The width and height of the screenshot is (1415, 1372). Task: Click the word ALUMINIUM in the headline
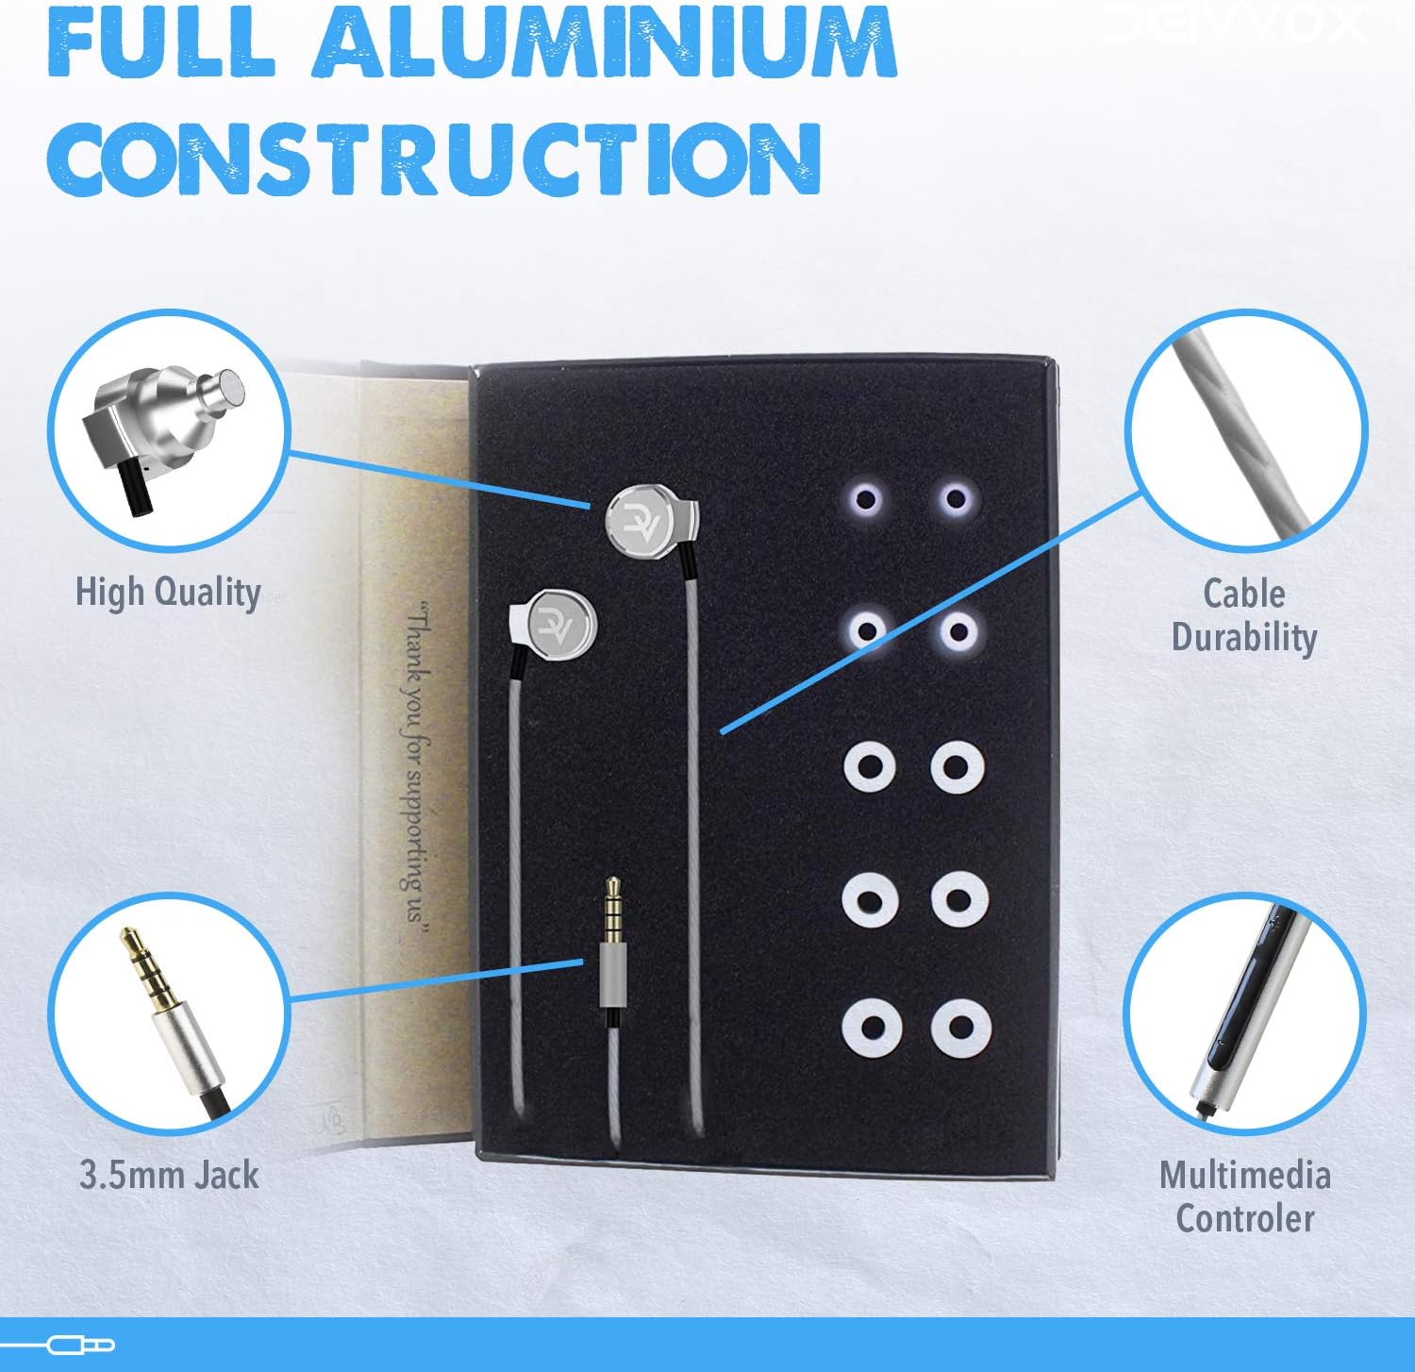[x=604, y=42]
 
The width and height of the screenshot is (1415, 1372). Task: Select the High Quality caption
[x=168, y=593]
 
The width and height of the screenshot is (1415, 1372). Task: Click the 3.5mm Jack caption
[x=168, y=1175]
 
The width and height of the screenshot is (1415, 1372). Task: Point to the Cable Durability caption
[x=1244, y=615]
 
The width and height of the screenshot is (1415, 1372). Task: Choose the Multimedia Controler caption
[x=1244, y=1196]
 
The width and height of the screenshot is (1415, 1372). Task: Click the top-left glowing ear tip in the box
[x=866, y=498]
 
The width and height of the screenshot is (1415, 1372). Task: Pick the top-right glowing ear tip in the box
[x=956, y=498]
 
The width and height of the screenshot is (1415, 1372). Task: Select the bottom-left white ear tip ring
[x=870, y=1028]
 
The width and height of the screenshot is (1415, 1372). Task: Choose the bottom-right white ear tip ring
[x=959, y=1028]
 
